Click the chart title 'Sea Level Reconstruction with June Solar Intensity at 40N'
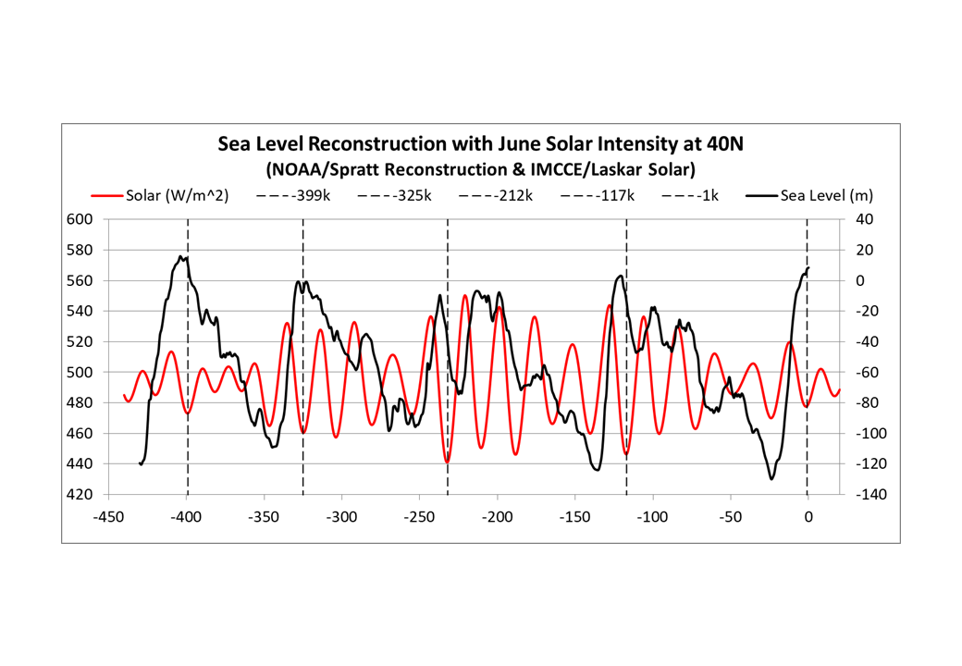480,145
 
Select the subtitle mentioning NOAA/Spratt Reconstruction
480,169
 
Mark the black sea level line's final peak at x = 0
808,268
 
